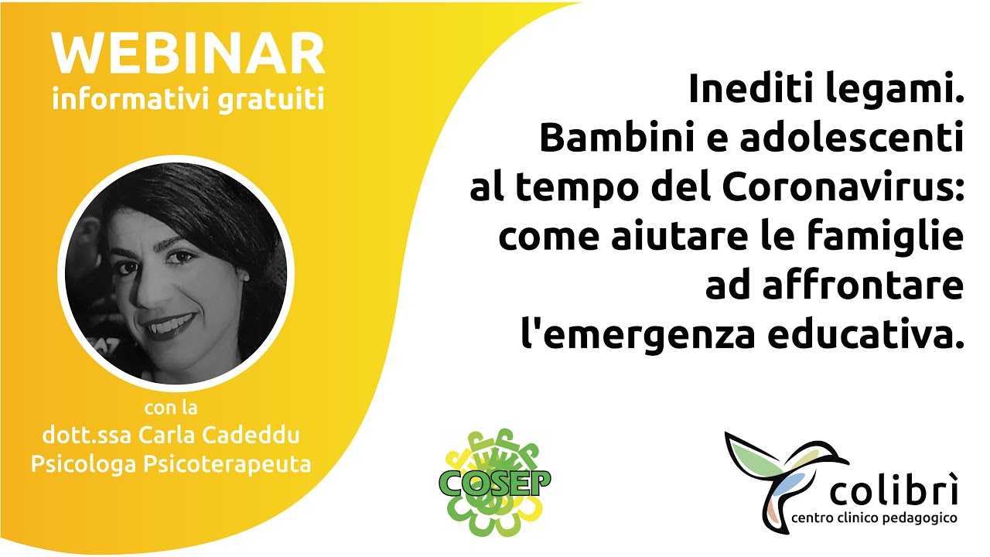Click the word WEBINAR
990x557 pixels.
(x=188, y=55)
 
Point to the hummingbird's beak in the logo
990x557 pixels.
(x=838, y=463)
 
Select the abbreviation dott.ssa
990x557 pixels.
(x=86, y=436)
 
